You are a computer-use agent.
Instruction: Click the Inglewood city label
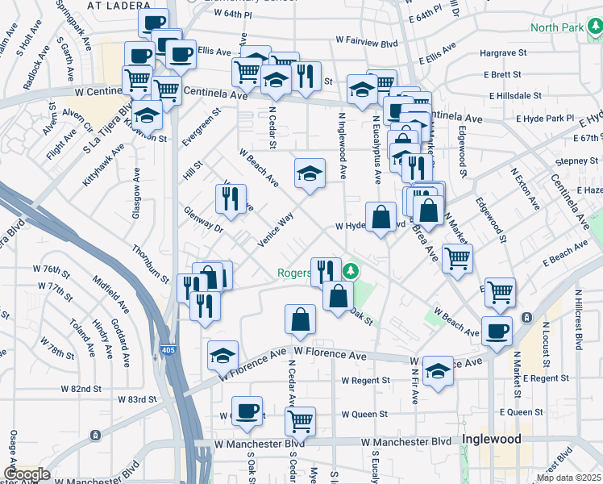point(490,440)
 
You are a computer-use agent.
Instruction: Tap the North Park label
point(557,27)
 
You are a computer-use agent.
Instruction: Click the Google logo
point(27,474)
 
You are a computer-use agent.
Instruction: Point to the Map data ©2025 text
point(568,478)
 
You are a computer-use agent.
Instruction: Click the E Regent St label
point(546,378)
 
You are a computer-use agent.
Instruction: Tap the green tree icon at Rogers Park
point(350,269)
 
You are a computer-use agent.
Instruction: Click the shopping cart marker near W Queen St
point(300,419)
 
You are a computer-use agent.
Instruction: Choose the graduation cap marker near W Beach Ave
point(309,172)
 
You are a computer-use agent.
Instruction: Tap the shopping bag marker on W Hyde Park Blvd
point(381,216)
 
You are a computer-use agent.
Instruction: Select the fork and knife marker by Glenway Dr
point(231,198)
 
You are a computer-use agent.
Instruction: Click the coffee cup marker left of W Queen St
point(247,411)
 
